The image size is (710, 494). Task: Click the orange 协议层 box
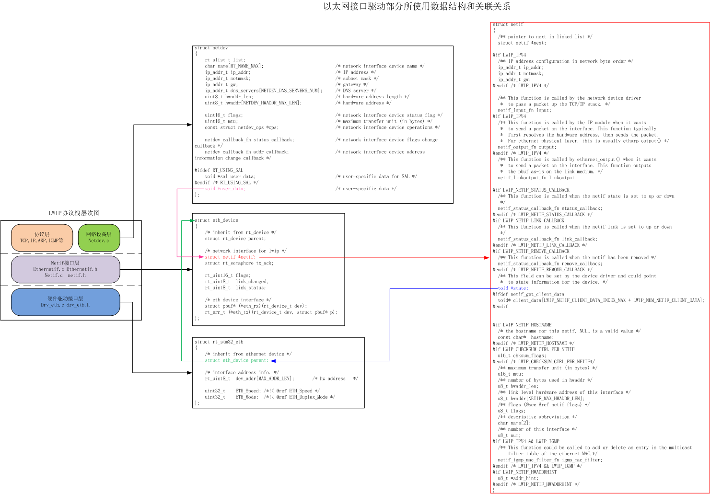click(42, 238)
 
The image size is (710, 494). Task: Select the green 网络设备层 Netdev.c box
click(99, 238)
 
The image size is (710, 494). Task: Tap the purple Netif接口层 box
click(65, 269)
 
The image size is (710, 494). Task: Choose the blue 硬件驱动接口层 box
click(65, 302)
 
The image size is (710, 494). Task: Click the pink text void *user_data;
click(225, 189)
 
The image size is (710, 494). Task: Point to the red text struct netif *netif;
click(230, 257)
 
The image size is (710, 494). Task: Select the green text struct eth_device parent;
click(236, 360)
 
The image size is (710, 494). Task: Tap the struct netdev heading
click(211, 48)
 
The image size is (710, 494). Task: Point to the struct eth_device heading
click(216, 220)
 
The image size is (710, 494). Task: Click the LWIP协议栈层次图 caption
click(74, 213)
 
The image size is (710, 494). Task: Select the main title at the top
click(417, 6)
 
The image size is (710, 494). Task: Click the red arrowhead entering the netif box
click(487, 258)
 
